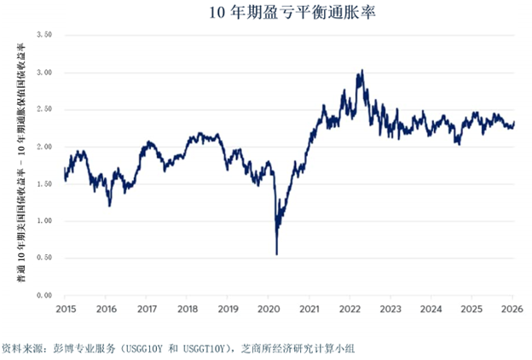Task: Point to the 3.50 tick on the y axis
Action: tap(44, 35)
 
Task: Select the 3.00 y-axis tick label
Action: tap(44, 73)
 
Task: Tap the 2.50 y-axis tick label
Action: tap(44, 109)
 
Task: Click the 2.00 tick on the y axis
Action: tap(44, 147)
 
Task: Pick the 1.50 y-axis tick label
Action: tap(44, 183)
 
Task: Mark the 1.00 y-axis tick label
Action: tap(44, 221)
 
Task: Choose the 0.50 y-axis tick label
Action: tap(44, 258)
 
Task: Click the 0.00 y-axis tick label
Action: tap(44, 295)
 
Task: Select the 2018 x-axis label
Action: tap(187, 309)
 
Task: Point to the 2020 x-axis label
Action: tap(268, 309)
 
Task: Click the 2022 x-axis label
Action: tap(350, 309)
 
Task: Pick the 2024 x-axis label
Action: tap(431, 309)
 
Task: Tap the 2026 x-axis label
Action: tap(512, 309)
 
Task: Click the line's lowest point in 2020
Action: tap(276, 253)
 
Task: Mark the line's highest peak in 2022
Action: tap(362, 71)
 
